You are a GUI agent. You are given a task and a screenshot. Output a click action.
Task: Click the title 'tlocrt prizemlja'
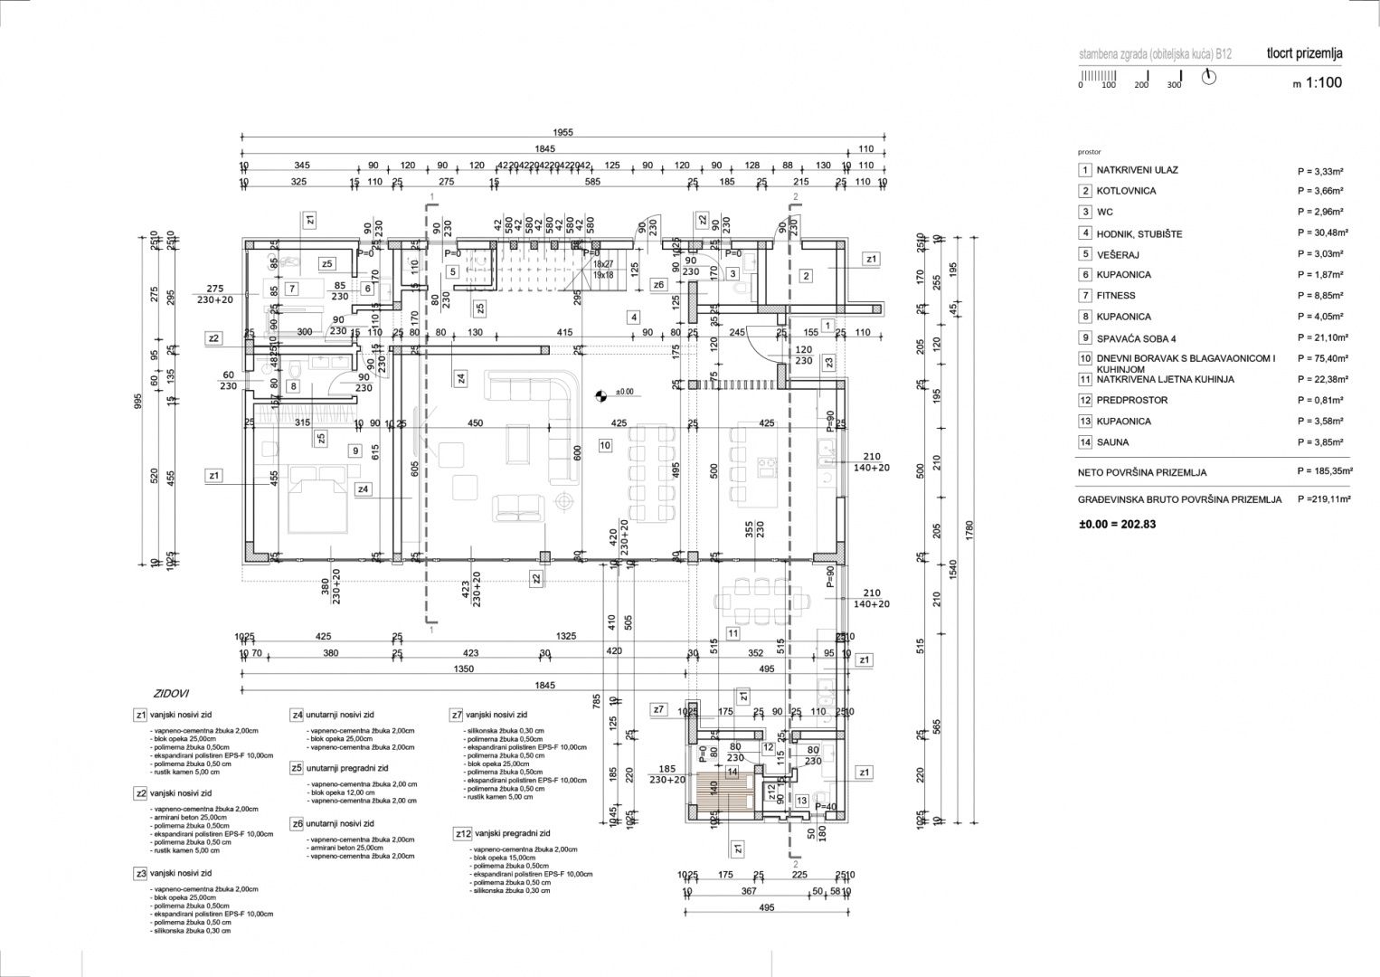click(1304, 53)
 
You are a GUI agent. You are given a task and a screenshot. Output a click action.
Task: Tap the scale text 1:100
click(1323, 83)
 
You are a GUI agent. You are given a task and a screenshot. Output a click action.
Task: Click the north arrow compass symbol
click(1209, 77)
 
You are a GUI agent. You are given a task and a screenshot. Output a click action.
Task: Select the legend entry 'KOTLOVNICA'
click(1126, 191)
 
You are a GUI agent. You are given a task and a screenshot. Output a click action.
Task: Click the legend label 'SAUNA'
click(1112, 442)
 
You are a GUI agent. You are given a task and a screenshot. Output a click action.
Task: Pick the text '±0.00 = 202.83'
click(1118, 524)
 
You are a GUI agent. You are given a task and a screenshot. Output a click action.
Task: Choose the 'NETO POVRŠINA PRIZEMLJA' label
click(1141, 472)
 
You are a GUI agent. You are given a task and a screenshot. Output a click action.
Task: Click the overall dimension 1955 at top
click(562, 132)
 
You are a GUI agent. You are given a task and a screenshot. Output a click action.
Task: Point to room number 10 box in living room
click(605, 445)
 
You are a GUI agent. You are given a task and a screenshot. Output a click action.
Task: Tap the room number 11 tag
click(733, 633)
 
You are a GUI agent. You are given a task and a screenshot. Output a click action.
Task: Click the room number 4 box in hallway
click(635, 318)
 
